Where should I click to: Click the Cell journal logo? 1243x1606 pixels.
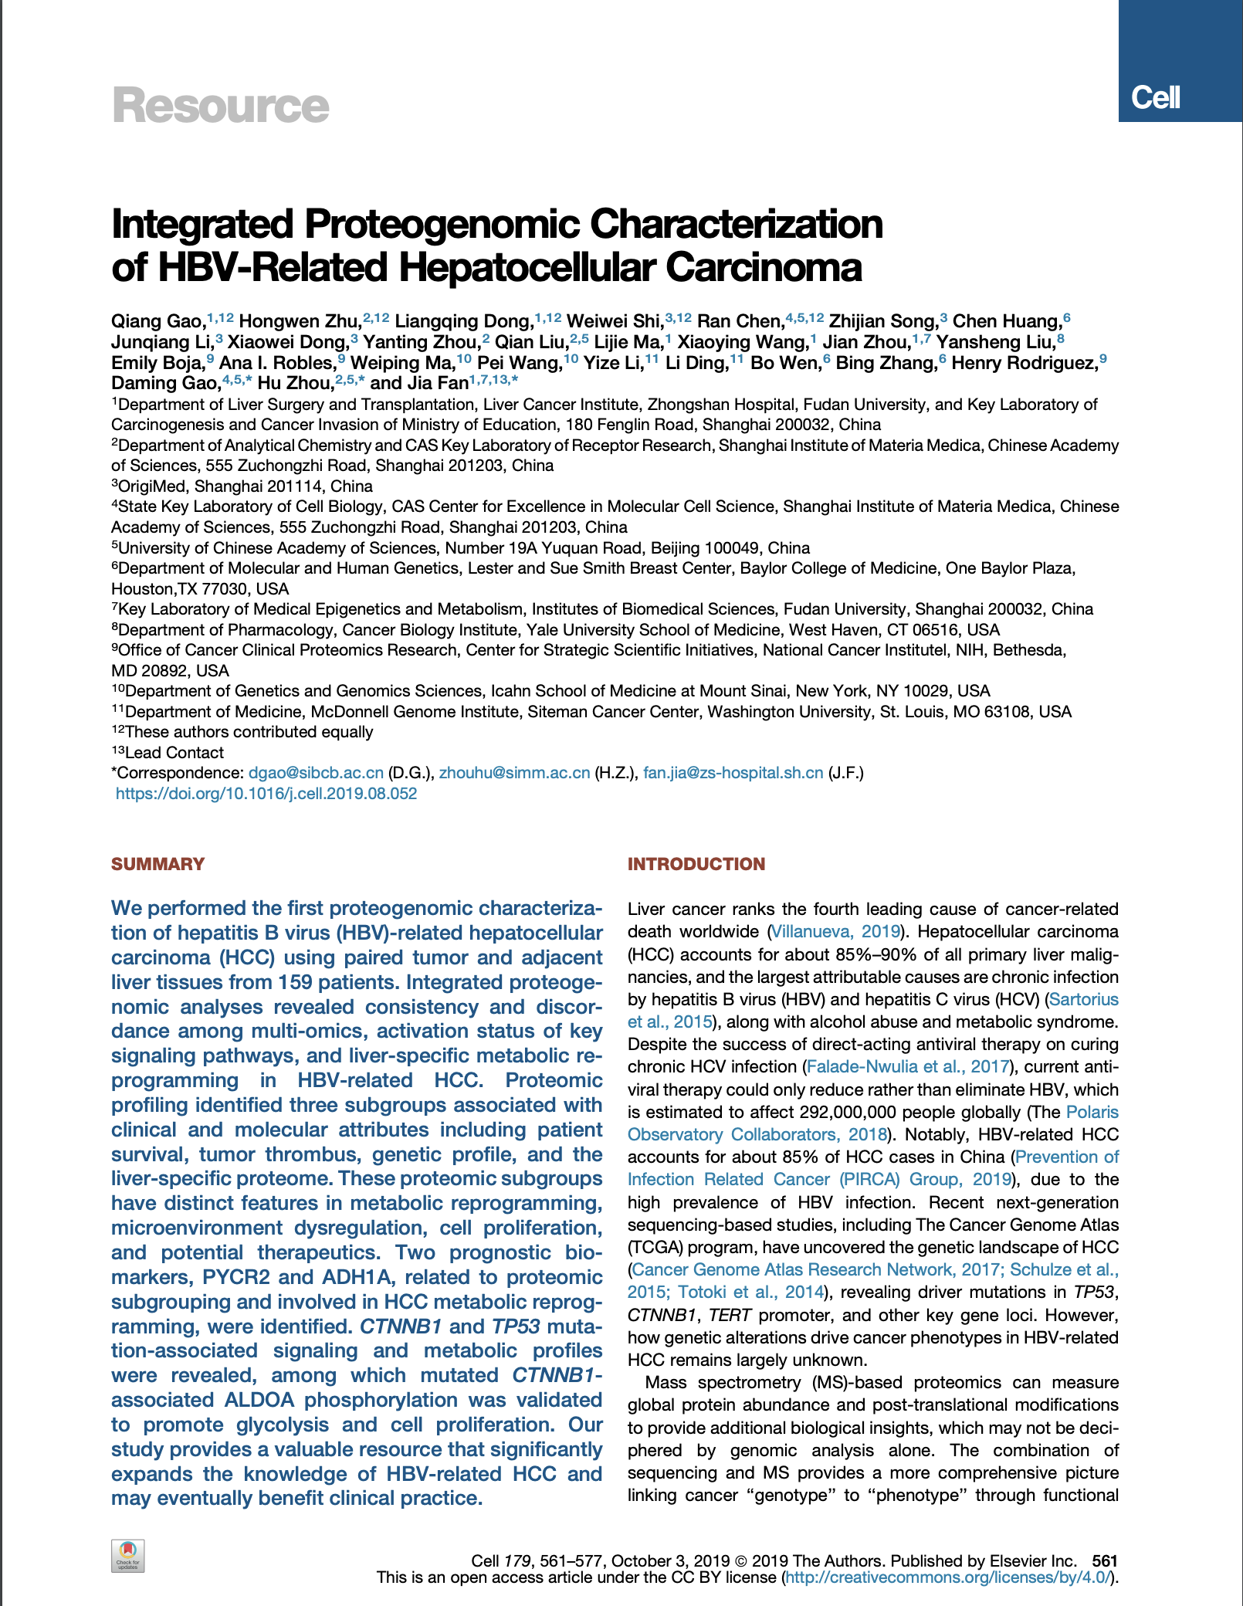pos(1155,97)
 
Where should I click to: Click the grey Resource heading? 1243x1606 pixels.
pos(221,106)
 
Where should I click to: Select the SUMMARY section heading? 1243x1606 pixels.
pos(157,864)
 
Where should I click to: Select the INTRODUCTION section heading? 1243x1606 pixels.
pos(696,864)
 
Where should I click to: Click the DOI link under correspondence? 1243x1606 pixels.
pos(266,794)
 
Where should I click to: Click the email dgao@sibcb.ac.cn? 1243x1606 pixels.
pos(316,773)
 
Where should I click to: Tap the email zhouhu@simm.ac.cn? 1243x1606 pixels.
pos(514,773)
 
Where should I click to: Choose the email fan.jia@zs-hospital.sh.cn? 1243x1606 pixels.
pos(733,773)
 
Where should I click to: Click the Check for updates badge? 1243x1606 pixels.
pos(128,1555)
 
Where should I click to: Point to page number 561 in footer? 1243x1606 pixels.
pos(1105,1560)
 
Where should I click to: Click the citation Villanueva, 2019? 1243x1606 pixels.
pos(836,932)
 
